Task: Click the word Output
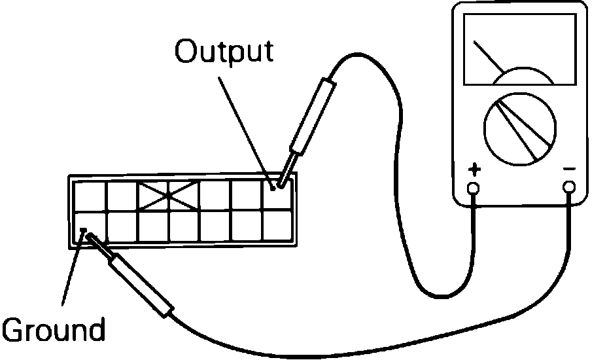point(223,52)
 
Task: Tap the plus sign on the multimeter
point(474,171)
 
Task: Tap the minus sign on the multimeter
point(569,170)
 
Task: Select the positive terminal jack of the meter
point(474,189)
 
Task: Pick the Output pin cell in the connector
point(279,195)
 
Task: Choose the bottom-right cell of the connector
point(279,226)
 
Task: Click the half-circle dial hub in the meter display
point(523,77)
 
